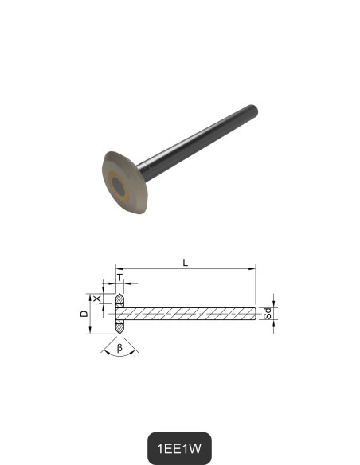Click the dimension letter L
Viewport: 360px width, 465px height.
click(186, 262)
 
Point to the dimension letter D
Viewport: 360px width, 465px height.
click(84, 314)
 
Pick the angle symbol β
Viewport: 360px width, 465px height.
click(119, 347)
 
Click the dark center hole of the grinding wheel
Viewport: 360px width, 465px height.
click(119, 186)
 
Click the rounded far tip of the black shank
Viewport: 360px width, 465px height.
click(254, 108)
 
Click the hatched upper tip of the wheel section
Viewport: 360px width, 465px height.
click(119, 299)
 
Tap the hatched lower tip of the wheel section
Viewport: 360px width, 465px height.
click(119, 327)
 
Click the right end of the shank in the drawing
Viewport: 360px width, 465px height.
click(255, 314)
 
